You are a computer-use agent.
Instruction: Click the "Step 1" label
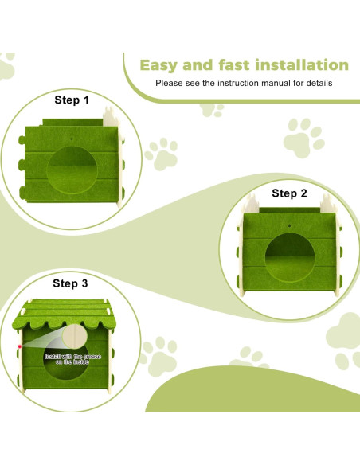pyautogui.click(x=72, y=100)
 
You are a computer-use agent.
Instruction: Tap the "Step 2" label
pyautogui.click(x=289, y=193)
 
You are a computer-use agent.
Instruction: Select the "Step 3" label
pyautogui.click(x=70, y=283)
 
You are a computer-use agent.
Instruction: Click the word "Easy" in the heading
pyautogui.click(x=158, y=65)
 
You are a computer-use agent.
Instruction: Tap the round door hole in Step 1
pyautogui.click(x=72, y=170)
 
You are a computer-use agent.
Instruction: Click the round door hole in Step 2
pyautogui.click(x=290, y=257)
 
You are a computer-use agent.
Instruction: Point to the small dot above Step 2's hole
pyautogui.click(x=289, y=225)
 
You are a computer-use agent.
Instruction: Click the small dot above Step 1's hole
pyautogui.click(x=72, y=139)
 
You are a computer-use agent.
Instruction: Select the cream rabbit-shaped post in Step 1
pyautogui.click(x=111, y=117)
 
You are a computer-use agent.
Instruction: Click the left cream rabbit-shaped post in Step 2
pyautogui.click(x=251, y=203)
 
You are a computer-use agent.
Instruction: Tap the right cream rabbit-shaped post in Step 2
pyautogui.click(x=328, y=203)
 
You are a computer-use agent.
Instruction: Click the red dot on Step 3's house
pyautogui.click(x=20, y=346)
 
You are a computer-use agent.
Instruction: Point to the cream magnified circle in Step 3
pyautogui.click(x=75, y=337)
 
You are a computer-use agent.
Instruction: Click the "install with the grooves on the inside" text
pyautogui.click(x=73, y=359)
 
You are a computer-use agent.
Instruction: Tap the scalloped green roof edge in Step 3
pyautogui.click(x=64, y=324)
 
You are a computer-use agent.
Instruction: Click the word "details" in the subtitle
pyautogui.click(x=319, y=83)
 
